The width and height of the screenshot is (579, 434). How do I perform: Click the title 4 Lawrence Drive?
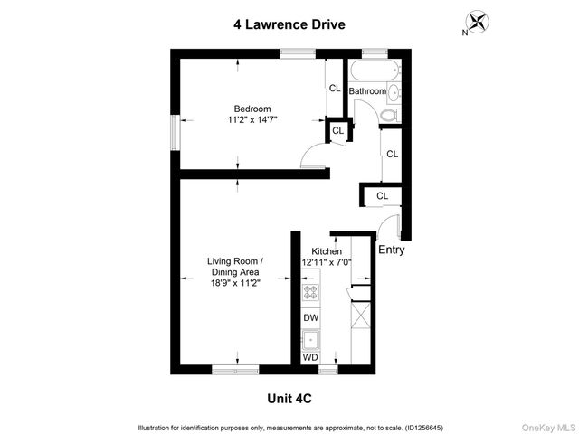coord(289,25)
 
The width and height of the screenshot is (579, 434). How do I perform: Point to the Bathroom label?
coord(368,91)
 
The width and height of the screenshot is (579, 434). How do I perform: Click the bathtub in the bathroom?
coord(372,71)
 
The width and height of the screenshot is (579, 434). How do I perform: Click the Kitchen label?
coord(326,250)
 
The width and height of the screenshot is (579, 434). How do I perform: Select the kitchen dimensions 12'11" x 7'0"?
coord(326,262)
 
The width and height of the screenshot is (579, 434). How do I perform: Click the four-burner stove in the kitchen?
coord(310,292)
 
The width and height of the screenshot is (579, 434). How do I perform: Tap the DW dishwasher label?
coord(310,317)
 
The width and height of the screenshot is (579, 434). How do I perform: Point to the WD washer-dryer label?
coord(310,358)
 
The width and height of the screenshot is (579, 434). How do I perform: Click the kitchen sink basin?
coord(310,339)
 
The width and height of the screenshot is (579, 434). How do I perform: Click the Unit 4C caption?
coord(289,398)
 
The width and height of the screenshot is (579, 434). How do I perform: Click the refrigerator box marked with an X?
coord(359,317)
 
